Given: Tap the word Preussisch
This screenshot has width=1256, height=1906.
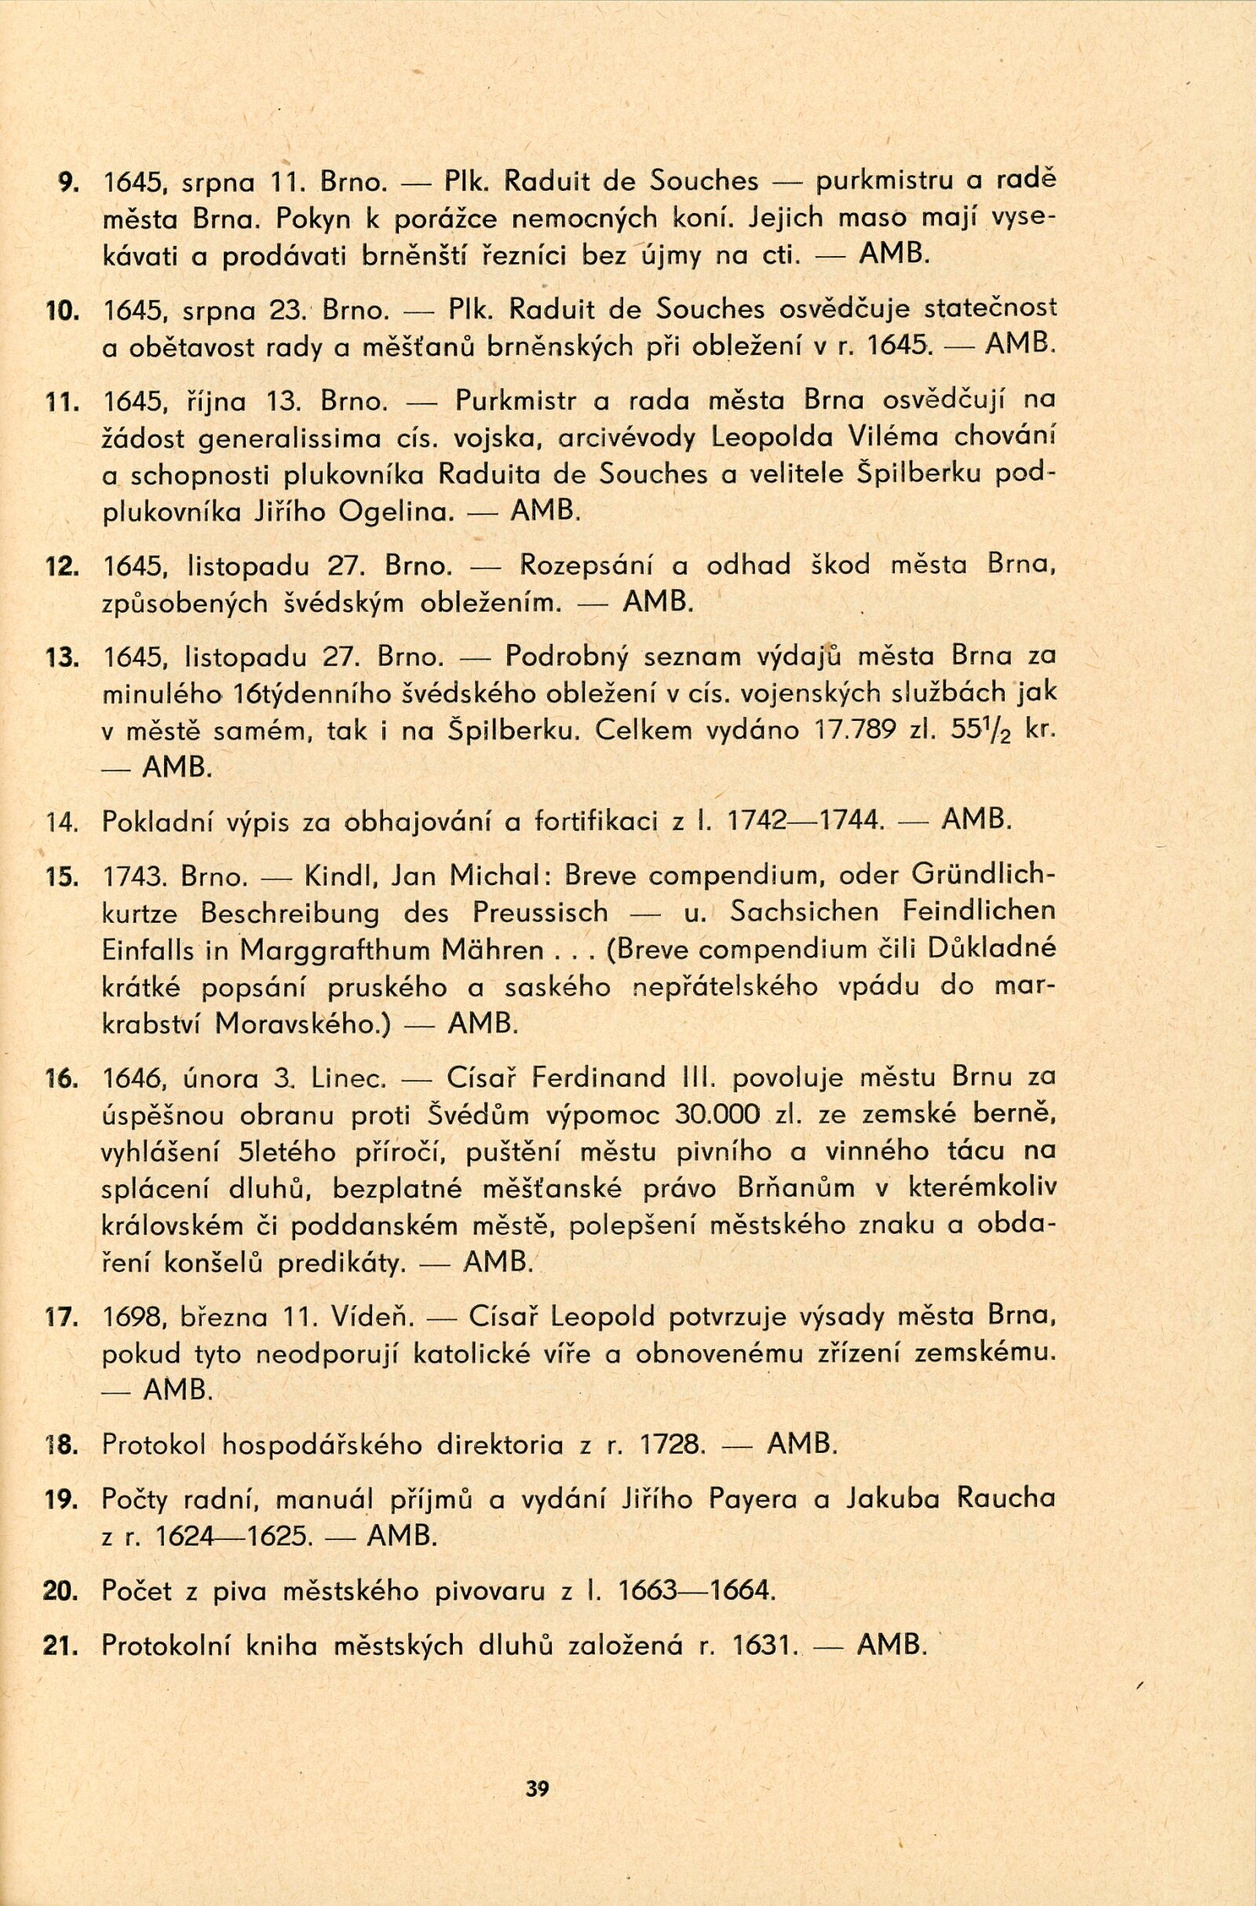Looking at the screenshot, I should [x=541, y=913].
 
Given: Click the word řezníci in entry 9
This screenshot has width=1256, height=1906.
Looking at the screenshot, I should [x=523, y=256].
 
